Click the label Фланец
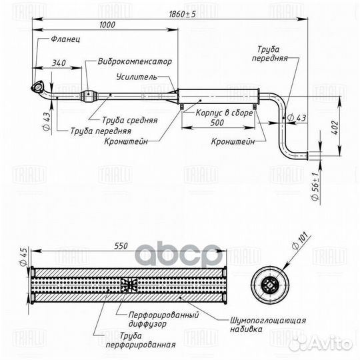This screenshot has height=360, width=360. pos(65,39)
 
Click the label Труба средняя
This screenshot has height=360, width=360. pos(130,121)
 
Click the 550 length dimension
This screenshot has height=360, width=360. pos(121,246)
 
